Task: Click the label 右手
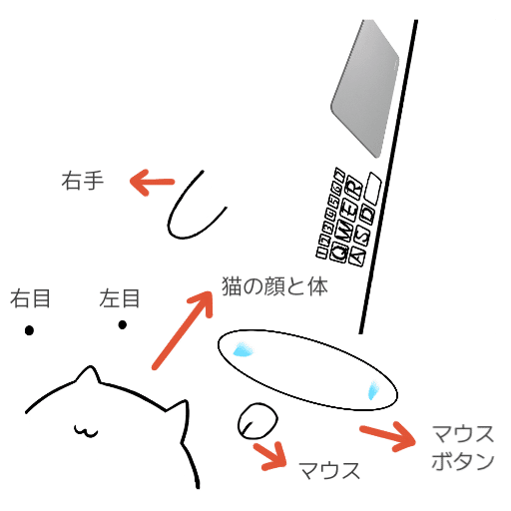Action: point(82,182)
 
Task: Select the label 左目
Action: point(120,297)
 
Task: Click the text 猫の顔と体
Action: point(274,285)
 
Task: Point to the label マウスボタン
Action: point(463,447)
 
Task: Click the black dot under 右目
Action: point(30,330)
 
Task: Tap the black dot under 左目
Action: point(122,323)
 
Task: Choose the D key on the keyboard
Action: point(368,214)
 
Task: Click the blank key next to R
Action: point(374,185)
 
